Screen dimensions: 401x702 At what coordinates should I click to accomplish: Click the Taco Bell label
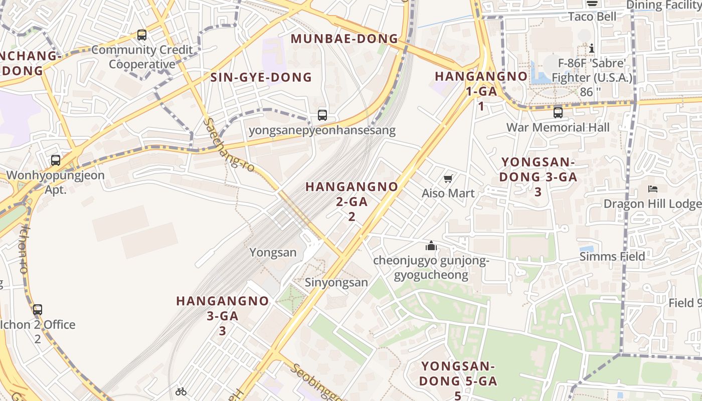[x=592, y=17]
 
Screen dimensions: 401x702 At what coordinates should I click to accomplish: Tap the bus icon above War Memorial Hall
[x=558, y=113]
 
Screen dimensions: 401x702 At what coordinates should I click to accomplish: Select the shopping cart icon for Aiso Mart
[x=448, y=178]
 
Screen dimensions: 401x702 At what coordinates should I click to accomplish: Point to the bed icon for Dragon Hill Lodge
[x=652, y=189]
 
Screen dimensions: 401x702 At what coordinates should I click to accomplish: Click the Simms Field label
[x=612, y=257]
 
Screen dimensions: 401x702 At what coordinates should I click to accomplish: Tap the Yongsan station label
[x=273, y=252]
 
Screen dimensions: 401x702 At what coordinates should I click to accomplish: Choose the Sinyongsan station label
[x=336, y=282]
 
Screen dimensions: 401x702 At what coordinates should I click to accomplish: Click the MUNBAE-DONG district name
[x=344, y=39]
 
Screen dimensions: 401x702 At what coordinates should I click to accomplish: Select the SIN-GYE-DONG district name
[x=261, y=77]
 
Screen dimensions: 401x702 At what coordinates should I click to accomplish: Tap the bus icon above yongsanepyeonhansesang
[x=322, y=115]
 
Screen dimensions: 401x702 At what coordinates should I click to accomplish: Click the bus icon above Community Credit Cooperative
[x=142, y=35]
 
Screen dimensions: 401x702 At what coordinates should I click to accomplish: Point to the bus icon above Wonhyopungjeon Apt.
[x=56, y=160]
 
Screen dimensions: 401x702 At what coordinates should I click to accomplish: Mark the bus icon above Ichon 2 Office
[x=38, y=309]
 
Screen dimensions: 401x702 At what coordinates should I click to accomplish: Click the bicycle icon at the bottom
[x=181, y=391]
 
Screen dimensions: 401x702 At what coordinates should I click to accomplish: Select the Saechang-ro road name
[x=230, y=145]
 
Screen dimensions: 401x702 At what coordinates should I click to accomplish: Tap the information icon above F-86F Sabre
[x=592, y=48]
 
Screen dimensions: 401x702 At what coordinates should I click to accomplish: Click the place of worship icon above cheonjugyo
[x=431, y=246]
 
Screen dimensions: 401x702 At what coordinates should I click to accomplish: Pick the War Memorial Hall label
[x=558, y=127]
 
